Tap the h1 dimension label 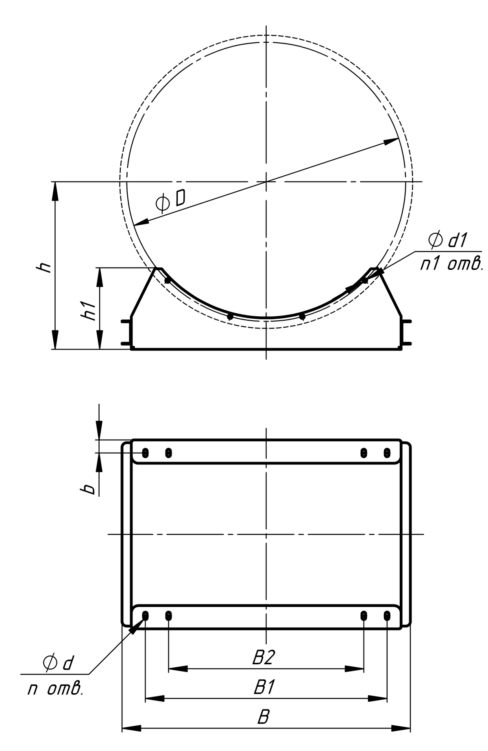coord(88,310)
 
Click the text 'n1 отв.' coord(451,265)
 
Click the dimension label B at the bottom coord(264,718)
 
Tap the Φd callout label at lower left coord(58,663)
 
